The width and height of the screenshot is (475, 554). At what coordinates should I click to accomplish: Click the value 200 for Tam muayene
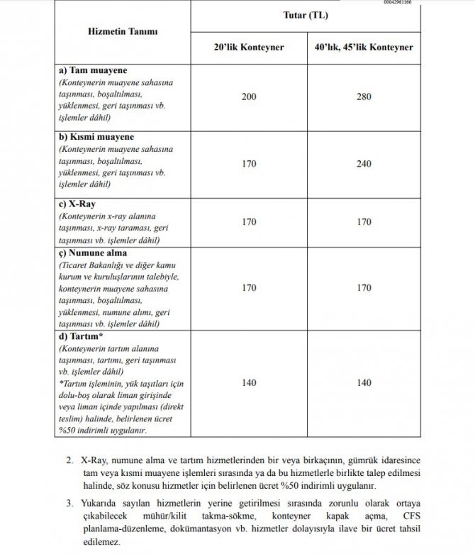tap(249, 96)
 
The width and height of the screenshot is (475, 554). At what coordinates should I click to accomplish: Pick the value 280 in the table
tap(364, 96)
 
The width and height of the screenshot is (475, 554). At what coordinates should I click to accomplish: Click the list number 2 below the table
tap(69, 460)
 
